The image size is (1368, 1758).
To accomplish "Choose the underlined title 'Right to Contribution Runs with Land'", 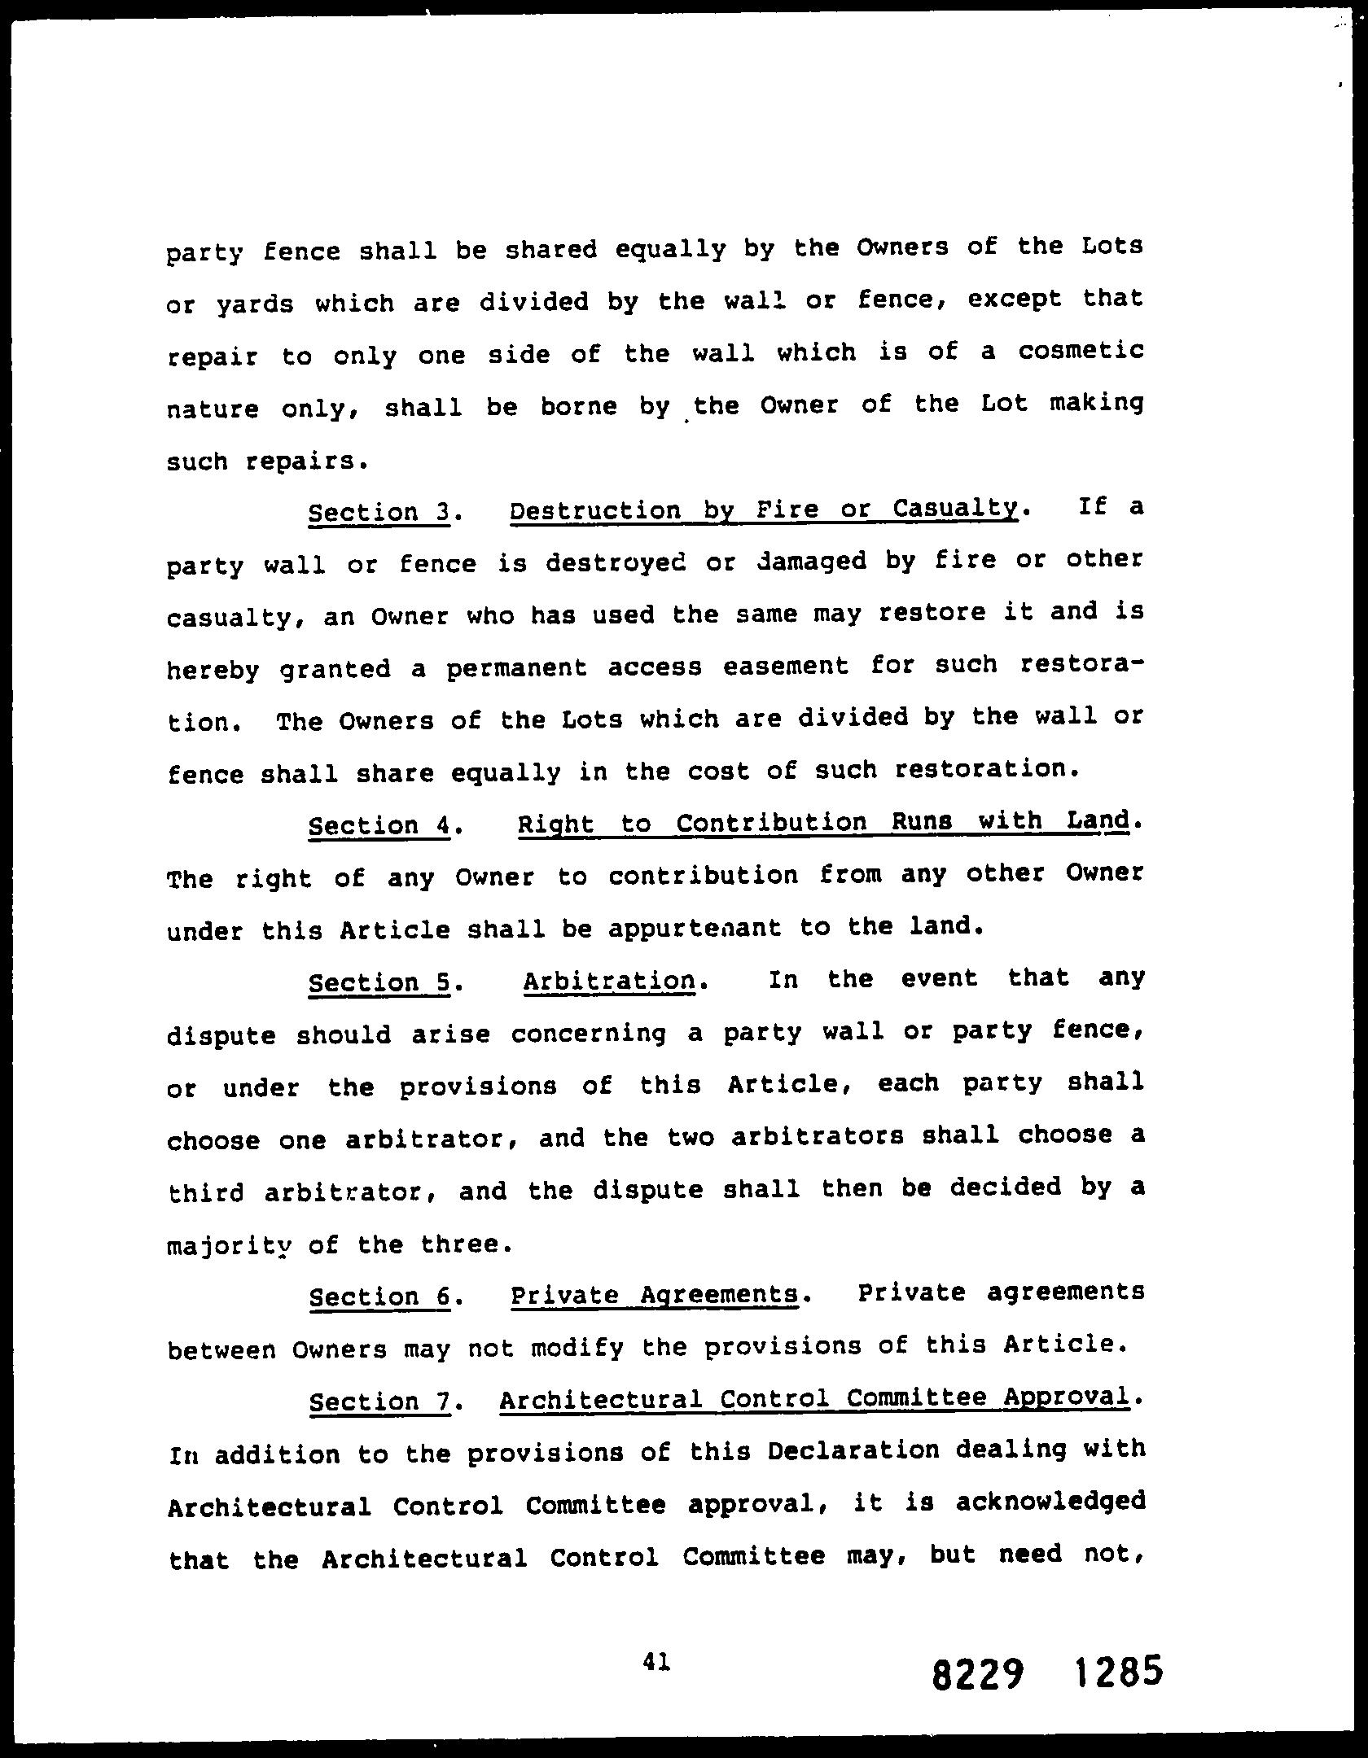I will (x=823, y=822).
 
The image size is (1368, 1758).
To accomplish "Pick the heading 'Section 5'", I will (x=379, y=983).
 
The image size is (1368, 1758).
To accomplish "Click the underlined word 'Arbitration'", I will (x=610, y=981).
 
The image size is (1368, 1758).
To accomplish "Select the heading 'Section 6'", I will (x=380, y=1297).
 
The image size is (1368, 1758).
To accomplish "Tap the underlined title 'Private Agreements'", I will (x=654, y=1294).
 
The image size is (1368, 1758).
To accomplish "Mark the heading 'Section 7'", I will (x=380, y=1402).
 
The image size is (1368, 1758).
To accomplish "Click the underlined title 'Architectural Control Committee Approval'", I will (x=814, y=1398).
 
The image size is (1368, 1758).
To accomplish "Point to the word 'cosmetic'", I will (x=1080, y=351).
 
